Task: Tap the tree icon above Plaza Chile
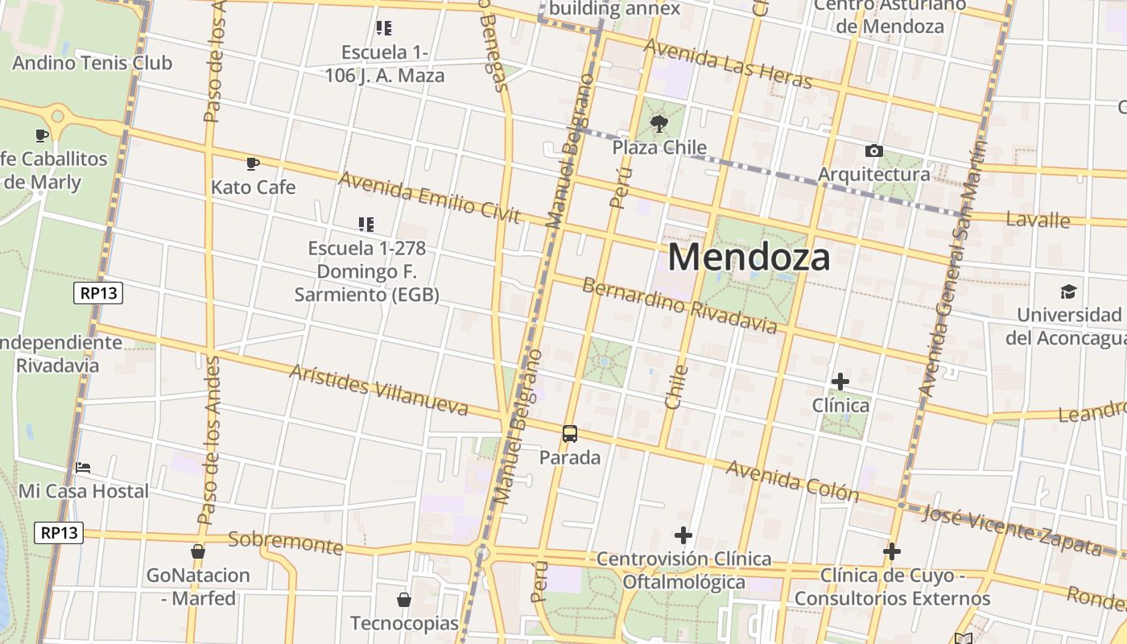coord(659,124)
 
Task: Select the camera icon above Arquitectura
coord(873,151)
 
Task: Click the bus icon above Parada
coord(570,434)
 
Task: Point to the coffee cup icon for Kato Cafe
coord(253,164)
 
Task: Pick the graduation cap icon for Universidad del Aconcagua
coord(1068,291)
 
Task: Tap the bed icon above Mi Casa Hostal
coord(83,468)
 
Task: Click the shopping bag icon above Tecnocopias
coord(404,600)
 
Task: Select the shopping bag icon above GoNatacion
coord(198,551)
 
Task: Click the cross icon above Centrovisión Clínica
coord(683,535)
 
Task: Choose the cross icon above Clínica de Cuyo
coord(891,551)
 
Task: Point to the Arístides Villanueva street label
coord(378,390)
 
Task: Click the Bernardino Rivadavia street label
coord(679,306)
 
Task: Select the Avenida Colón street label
coord(792,480)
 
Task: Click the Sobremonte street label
coord(286,543)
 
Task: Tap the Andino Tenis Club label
coord(92,63)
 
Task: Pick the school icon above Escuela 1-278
coord(366,225)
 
